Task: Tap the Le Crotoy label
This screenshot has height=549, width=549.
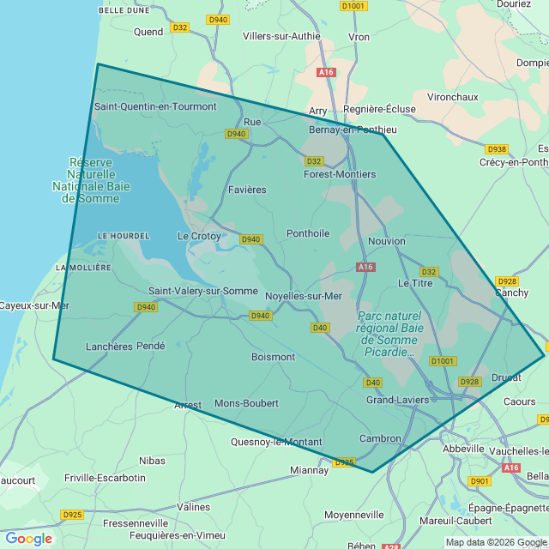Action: point(199,236)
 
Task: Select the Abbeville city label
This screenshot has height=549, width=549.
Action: point(463,449)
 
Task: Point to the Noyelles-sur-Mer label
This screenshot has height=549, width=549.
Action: point(304,296)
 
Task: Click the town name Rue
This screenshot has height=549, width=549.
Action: point(252,122)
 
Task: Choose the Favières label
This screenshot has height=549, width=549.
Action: point(247,190)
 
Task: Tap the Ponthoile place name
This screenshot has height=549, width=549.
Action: point(308,233)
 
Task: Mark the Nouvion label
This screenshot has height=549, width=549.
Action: point(386,241)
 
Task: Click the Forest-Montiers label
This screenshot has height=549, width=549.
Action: point(340,174)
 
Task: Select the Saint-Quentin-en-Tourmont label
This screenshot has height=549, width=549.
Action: point(155,106)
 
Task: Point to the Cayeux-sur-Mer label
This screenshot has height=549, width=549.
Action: point(33,305)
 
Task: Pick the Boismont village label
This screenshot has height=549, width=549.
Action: point(273,357)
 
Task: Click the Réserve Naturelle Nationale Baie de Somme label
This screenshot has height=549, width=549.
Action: point(84,180)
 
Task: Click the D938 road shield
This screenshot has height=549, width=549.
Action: point(497,148)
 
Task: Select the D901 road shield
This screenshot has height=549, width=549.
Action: point(480,481)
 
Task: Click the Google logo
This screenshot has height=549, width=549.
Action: point(28,539)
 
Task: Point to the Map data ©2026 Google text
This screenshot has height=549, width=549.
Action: point(496,542)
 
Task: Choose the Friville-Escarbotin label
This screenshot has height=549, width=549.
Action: point(105,478)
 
